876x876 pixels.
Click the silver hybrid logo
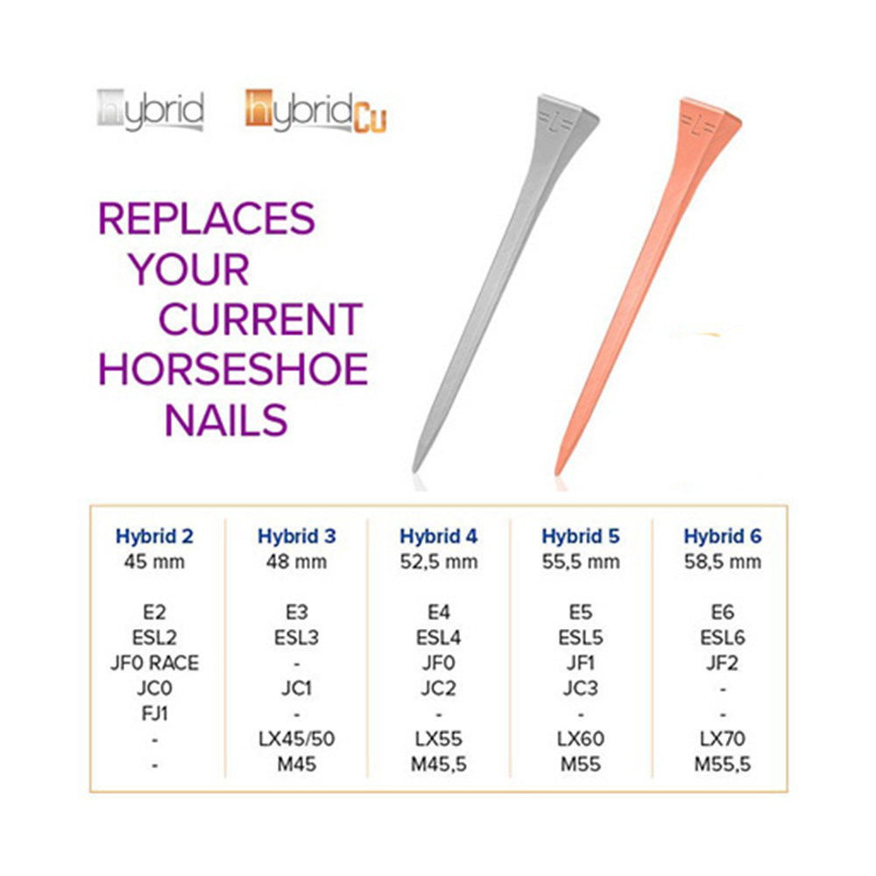point(151,110)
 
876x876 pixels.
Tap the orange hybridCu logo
point(315,111)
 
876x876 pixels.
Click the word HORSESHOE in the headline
point(233,370)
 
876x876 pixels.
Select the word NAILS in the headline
point(226,420)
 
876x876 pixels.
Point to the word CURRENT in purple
point(261,320)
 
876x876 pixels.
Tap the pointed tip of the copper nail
point(556,474)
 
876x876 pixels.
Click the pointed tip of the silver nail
point(414,470)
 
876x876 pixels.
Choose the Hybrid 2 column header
point(154,536)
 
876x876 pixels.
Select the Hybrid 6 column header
point(723,536)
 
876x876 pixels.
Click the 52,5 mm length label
point(439,562)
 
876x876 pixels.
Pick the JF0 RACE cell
point(155,663)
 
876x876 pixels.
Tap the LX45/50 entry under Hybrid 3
point(297,739)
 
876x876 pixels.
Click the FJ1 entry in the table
point(155,714)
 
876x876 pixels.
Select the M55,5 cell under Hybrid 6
point(723,764)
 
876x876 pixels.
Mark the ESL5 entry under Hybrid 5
point(581,638)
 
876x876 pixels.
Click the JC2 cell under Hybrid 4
point(439,689)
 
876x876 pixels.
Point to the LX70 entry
point(723,739)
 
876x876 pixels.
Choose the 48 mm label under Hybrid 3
point(297,562)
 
